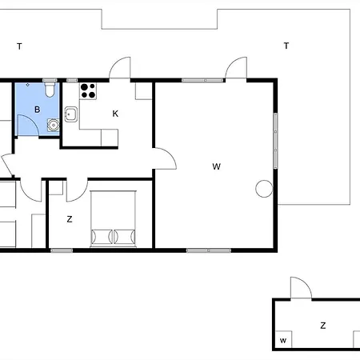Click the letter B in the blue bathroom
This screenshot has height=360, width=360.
click(38, 110)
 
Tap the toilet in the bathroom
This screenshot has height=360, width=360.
click(50, 90)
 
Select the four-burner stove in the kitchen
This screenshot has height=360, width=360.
click(88, 90)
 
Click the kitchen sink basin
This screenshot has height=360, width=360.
click(71, 114)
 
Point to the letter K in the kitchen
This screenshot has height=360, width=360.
click(115, 114)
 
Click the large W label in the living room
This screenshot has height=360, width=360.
click(217, 166)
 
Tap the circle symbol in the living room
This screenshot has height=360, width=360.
click(264, 189)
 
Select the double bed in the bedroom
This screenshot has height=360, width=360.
click(113, 218)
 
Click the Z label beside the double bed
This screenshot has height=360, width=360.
click(70, 219)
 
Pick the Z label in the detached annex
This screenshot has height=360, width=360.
click(323, 326)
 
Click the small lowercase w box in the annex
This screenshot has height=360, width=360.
click(283, 339)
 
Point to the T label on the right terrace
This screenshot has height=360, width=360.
click(286, 46)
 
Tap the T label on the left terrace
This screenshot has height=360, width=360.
click(19, 46)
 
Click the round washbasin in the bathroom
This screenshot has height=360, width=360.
click(54, 125)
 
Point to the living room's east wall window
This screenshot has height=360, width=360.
click(275, 141)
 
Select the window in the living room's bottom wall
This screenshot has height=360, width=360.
click(209, 250)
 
